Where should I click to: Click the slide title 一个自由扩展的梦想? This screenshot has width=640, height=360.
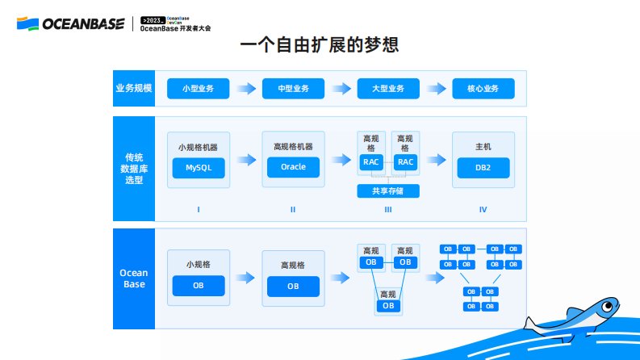tap(320, 45)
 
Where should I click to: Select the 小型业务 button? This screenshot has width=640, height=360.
tap(199, 88)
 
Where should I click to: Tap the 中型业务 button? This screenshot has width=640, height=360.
tap(294, 88)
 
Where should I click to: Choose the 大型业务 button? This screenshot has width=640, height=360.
tap(388, 88)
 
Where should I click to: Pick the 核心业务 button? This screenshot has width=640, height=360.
tap(483, 88)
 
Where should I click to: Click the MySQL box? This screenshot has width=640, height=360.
tap(199, 168)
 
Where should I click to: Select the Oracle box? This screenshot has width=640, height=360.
tap(294, 168)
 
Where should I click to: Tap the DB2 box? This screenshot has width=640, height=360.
tap(483, 168)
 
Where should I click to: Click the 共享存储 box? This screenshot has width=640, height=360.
tap(388, 191)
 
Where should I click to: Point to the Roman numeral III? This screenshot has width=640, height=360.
tap(388, 210)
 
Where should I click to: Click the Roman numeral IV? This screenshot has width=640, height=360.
tap(483, 210)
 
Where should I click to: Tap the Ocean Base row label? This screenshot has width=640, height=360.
tap(133, 278)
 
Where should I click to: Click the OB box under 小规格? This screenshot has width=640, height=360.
tap(199, 286)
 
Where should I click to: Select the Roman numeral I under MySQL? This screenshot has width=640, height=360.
tap(199, 210)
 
